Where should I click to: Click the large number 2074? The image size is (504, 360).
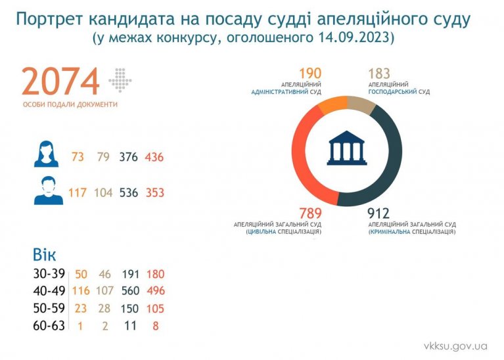(x=60, y=81)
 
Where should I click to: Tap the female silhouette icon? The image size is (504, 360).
(x=47, y=154)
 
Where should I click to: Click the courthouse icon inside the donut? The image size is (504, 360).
(x=346, y=150)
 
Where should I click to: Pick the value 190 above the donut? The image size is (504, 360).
(x=309, y=74)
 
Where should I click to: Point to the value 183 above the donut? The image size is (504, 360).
(x=379, y=74)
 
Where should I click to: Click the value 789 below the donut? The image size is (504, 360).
(x=310, y=214)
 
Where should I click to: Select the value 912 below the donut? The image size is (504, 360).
(x=378, y=214)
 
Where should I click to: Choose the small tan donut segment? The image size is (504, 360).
(x=360, y=104)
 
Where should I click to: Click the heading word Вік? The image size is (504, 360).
(x=45, y=255)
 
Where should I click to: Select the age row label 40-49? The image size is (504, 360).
(x=49, y=290)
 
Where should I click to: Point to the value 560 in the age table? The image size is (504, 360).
(x=131, y=291)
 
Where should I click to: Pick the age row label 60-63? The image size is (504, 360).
(x=49, y=325)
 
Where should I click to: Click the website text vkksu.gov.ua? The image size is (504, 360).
(x=455, y=346)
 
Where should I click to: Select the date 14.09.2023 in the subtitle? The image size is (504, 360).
(x=352, y=38)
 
